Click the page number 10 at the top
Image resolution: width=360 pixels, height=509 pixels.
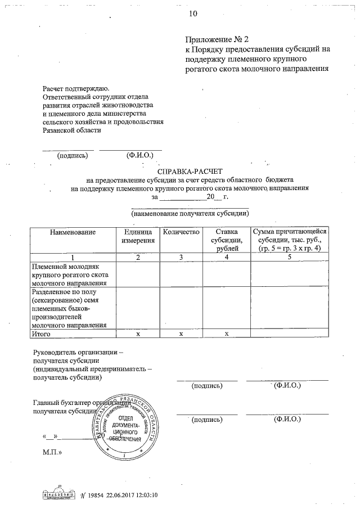click(193, 12)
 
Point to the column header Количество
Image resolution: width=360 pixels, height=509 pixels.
click(181, 232)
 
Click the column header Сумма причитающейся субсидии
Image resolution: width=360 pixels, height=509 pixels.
click(290, 240)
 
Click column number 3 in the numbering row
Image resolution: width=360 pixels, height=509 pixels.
click(181, 256)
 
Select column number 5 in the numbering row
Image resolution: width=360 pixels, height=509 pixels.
click(290, 256)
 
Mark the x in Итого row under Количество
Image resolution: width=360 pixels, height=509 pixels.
click(181, 334)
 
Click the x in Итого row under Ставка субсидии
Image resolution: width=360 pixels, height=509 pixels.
click(227, 334)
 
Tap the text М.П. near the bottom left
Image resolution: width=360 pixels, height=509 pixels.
click(52, 452)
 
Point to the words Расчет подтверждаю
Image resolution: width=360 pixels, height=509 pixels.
click(76, 88)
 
